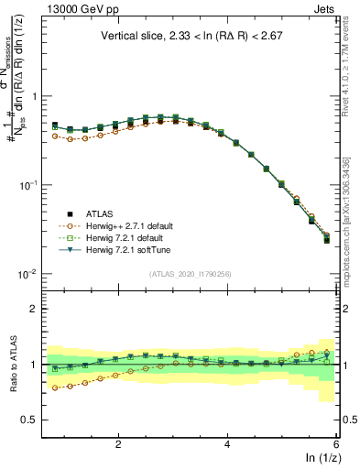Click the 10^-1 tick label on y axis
click(x=27, y=185)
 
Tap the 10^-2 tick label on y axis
click(x=27, y=274)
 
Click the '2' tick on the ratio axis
click(x=33, y=309)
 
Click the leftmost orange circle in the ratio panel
click(x=55, y=387)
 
